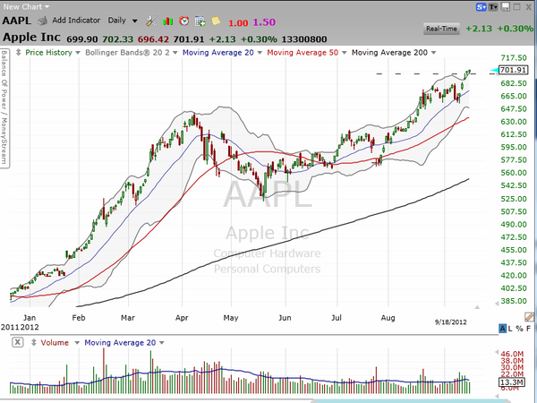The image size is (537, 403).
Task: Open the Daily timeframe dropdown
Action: [x=123, y=20]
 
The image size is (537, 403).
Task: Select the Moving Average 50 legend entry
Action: [x=307, y=53]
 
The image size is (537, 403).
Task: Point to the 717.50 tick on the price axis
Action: [x=514, y=57]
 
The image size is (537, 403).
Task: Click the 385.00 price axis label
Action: [x=514, y=302]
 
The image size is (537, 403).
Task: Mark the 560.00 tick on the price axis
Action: [x=514, y=173]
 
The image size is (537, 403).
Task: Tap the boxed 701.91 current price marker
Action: [x=513, y=70]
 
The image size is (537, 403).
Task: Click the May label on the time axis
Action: [x=232, y=317]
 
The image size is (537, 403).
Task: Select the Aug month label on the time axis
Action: [x=388, y=317]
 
